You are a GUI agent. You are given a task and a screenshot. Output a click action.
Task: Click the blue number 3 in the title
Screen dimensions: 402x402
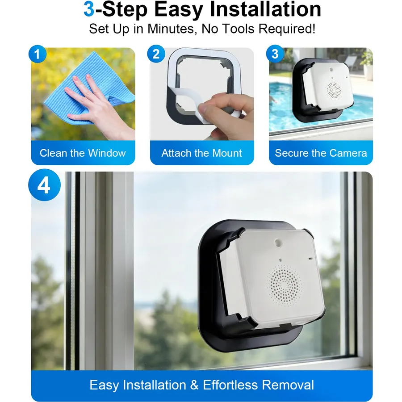point(89,9)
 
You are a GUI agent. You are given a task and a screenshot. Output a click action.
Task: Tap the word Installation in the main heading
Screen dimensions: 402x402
point(265,9)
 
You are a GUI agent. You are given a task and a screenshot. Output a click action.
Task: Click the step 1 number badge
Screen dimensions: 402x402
point(38,54)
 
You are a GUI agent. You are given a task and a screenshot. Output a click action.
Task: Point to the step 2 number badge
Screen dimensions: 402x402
point(156,54)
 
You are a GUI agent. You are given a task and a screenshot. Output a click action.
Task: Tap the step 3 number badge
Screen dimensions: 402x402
point(275,54)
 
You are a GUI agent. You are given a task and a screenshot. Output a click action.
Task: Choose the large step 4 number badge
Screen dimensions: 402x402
point(44,185)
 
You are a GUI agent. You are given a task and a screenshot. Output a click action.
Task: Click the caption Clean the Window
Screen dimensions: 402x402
point(83,153)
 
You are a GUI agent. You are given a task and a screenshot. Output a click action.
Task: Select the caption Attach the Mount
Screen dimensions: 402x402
point(201,153)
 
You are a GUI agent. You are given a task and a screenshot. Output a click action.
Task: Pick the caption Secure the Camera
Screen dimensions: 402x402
point(321,153)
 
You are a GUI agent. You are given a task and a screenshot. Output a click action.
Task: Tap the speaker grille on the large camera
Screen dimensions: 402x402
point(284,284)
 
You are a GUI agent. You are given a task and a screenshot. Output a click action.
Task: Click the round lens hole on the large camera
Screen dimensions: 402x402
point(278,242)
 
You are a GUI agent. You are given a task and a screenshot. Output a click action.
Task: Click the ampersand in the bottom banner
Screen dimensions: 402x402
point(194,385)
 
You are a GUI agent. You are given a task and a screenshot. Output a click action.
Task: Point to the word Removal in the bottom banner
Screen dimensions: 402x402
point(288,385)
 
